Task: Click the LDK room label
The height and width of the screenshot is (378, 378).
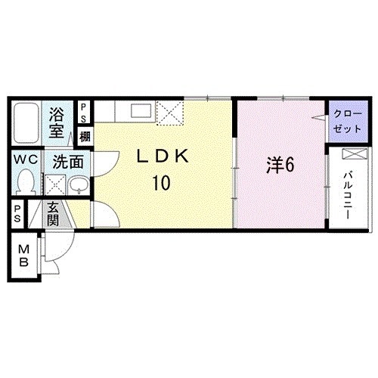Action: [163, 156]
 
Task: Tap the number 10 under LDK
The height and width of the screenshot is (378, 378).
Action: [161, 183]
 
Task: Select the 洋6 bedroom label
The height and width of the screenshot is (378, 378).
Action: [280, 165]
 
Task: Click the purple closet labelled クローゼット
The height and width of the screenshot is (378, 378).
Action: [348, 122]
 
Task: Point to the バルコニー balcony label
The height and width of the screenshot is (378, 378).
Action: [349, 195]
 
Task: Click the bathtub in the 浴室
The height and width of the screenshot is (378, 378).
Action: [26, 122]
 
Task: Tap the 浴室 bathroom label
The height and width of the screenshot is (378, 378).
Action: [57, 122]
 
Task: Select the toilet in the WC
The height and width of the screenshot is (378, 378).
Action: [26, 181]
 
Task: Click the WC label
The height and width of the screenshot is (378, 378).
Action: [26, 160]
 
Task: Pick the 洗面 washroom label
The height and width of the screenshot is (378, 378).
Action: [67, 162]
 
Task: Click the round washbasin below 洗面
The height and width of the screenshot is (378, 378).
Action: [79, 184]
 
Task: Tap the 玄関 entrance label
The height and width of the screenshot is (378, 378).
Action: [53, 214]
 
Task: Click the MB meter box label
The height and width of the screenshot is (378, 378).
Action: [23, 256]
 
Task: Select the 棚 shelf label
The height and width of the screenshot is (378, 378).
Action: [85, 137]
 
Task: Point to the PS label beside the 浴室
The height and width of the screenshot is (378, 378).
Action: [83, 113]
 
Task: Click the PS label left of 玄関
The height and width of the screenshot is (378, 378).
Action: [17, 214]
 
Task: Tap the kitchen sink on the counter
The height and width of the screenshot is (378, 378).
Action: [141, 110]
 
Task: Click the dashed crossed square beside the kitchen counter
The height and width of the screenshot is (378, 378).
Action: [169, 113]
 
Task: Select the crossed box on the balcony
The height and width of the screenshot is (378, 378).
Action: [355, 153]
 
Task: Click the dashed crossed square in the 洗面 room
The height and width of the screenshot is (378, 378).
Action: [55, 184]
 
